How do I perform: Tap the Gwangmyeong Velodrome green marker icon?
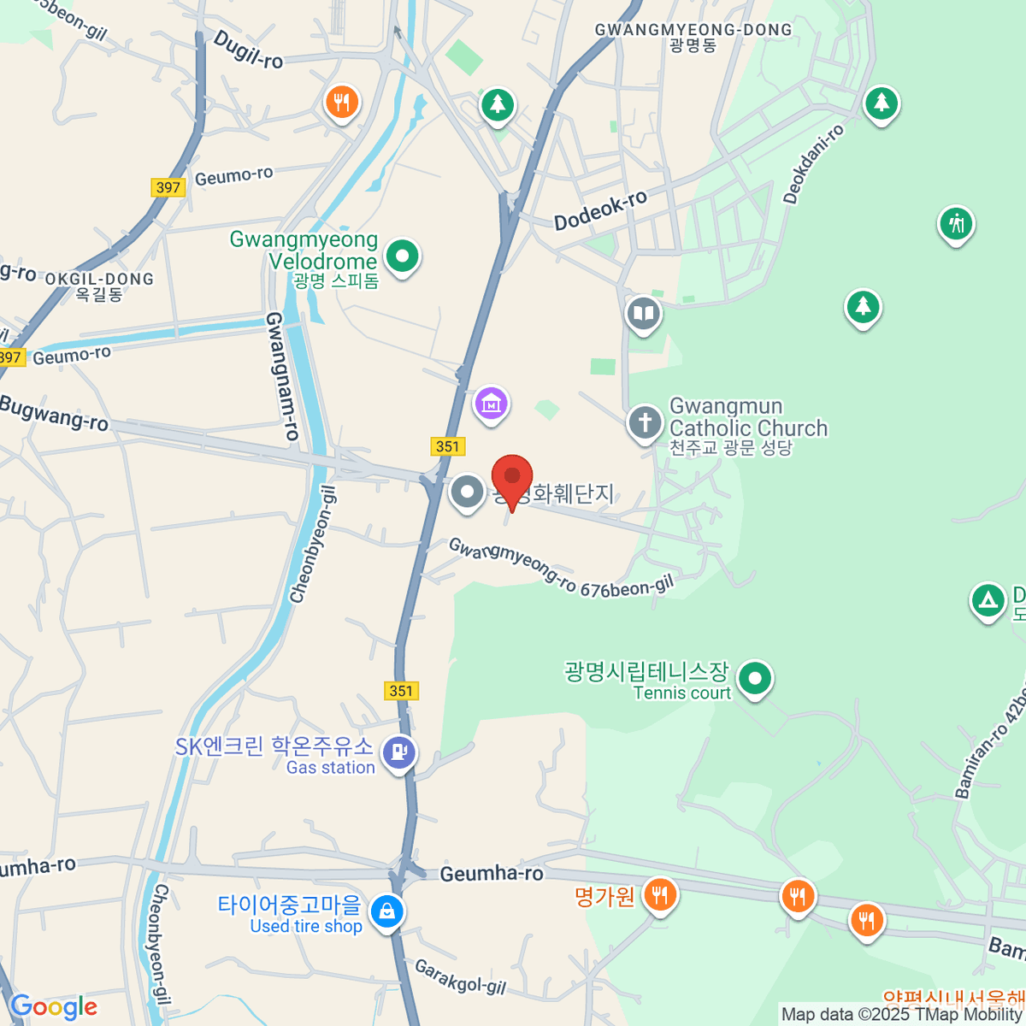402,255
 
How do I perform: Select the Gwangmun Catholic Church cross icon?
645,422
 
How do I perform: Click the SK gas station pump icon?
398,752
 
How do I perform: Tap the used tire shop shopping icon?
387,911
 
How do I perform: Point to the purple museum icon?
491,404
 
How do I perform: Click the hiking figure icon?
956,224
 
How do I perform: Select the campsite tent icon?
988,600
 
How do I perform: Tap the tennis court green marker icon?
754,680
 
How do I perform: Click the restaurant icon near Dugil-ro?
341,103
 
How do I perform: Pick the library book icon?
643,314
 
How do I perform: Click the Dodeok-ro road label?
600,210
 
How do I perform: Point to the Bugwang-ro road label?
54,413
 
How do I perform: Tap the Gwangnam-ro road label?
282,376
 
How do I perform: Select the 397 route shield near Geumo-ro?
168,187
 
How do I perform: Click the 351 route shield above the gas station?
400,691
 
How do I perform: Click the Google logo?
53,1007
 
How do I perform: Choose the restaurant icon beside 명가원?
659,896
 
